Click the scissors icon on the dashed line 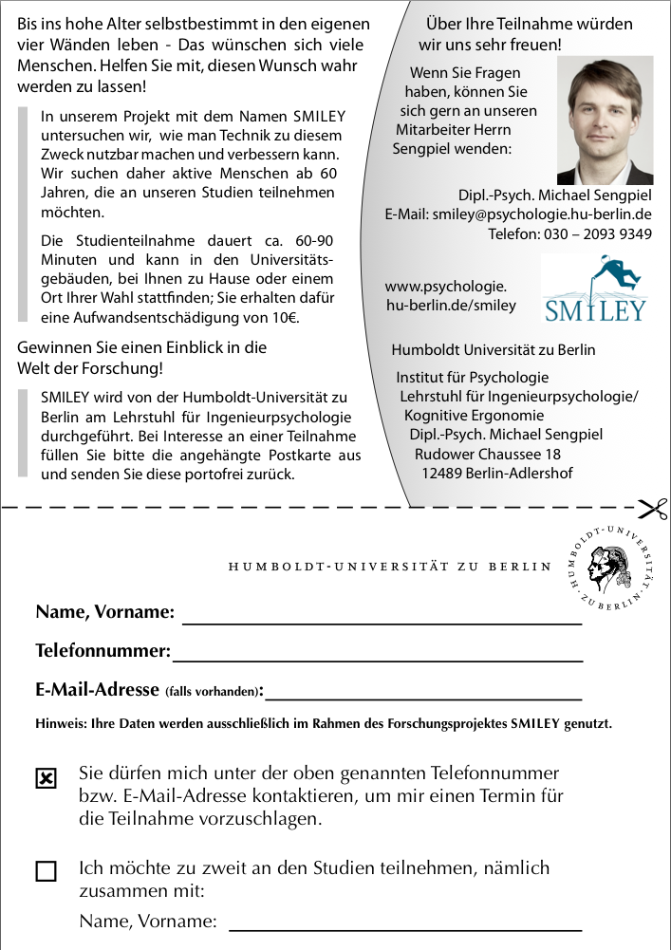pyautogui.click(x=653, y=509)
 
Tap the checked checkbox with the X pyautogui.click(x=46, y=779)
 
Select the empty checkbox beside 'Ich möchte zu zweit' pyautogui.click(x=46, y=871)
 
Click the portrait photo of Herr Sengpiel pyautogui.click(x=605, y=121)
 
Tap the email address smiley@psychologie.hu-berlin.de pyautogui.click(x=542, y=214)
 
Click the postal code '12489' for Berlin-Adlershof pyautogui.click(x=441, y=473)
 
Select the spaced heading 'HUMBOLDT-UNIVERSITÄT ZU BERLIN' pyautogui.click(x=389, y=568)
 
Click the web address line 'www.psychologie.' pyautogui.click(x=445, y=286)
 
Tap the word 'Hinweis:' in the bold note pyautogui.click(x=61, y=723)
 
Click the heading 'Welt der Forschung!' pyautogui.click(x=90, y=367)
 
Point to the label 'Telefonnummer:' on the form pyautogui.click(x=103, y=652)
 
